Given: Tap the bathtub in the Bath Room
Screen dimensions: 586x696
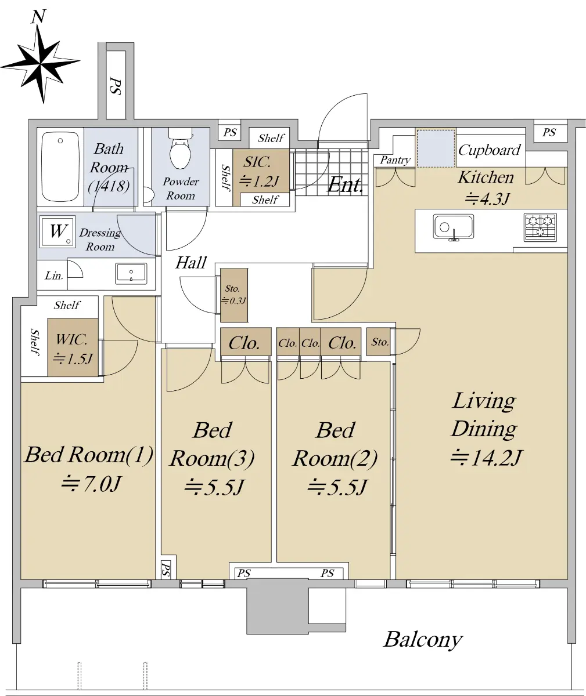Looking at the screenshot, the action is tap(60, 166).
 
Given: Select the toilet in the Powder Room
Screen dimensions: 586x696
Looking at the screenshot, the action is tap(180, 149).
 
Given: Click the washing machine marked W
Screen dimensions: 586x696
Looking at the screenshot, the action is tap(57, 231).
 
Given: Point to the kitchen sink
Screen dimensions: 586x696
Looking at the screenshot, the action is tap(453, 227).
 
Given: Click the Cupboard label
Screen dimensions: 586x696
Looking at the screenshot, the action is tap(489, 150).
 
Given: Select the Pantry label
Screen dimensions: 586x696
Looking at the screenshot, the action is tap(395, 160).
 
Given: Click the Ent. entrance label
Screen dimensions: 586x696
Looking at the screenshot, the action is tap(345, 185).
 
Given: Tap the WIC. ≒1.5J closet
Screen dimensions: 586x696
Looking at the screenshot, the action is tap(73, 347).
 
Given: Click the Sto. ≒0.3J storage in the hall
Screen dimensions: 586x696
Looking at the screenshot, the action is tap(234, 295).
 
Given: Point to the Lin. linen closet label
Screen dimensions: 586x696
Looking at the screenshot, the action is tap(54, 275).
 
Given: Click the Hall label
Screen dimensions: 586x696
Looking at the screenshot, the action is tap(191, 263).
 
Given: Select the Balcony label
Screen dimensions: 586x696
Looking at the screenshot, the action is tap(423, 640).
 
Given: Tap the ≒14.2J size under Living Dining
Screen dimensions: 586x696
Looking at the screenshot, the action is tap(486, 458).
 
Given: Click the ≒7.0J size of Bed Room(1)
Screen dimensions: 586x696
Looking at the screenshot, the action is tap(91, 484).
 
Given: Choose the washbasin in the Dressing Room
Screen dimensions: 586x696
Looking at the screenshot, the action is tap(131, 274).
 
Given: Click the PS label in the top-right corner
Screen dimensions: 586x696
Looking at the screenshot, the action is tap(549, 132).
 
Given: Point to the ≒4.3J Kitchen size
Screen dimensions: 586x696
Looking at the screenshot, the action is tap(487, 199).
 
